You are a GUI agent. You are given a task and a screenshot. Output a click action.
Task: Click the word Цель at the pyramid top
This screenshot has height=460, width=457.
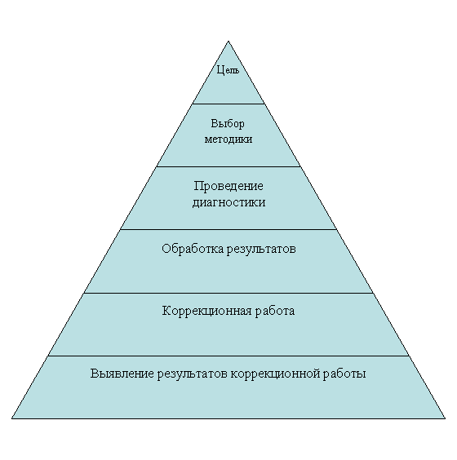click(x=228, y=70)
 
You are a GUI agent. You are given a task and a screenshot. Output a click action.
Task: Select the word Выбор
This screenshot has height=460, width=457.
click(x=228, y=123)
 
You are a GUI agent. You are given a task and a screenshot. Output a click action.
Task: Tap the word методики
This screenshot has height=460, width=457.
click(x=228, y=139)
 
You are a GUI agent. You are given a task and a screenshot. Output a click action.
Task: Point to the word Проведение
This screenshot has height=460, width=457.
click(x=228, y=186)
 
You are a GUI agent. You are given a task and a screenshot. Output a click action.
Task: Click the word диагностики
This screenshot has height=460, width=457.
click(x=229, y=202)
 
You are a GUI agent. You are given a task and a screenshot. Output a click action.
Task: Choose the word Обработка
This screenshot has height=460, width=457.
click(x=193, y=249)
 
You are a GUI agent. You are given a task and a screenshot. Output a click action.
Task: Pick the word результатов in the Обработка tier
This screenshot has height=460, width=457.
click(x=261, y=250)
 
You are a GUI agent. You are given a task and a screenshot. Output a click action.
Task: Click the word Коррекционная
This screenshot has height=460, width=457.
click(x=207, y=311)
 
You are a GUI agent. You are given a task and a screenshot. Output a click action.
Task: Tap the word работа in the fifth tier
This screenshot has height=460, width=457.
click(x=275, y=311)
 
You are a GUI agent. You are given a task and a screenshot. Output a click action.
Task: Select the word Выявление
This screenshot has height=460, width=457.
click(x=122, y=374)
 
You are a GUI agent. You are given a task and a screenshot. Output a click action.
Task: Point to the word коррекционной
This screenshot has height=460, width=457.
click(x=275, y=374)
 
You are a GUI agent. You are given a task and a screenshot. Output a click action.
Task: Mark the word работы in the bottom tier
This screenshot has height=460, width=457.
click(x=344, y=374)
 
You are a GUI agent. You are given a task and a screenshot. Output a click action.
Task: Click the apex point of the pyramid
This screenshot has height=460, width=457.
click(x=228, y=42)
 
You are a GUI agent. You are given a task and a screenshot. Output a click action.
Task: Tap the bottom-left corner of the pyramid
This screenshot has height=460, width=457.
click(x=12, y=418)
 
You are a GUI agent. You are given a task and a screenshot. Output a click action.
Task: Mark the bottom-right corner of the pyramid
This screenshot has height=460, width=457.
click(x=445, y=418)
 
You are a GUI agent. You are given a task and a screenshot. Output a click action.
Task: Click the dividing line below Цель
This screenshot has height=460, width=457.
click(x=228, y=104)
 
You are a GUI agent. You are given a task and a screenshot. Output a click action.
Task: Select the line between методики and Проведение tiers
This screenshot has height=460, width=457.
click(x=228, y=166)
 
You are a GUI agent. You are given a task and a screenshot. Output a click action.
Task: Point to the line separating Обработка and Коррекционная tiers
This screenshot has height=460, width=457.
click(x=228, y=293)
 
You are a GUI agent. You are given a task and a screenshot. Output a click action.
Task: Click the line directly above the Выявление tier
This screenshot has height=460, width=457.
click(x=228, y=356)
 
